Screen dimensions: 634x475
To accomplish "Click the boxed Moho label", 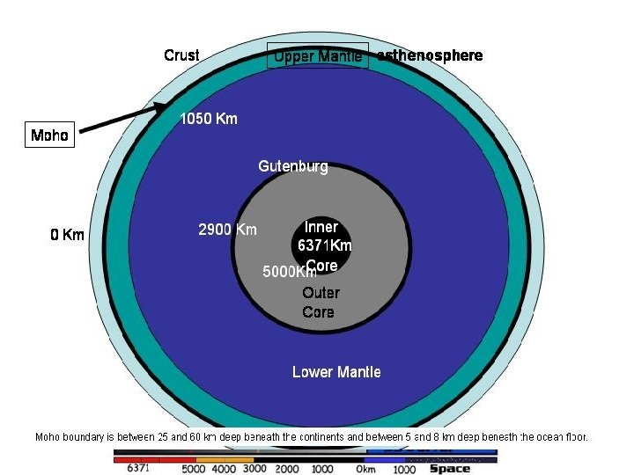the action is click(49, 135).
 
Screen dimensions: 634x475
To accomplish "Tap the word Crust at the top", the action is click(181, 55).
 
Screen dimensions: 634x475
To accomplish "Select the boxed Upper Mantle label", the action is click(317, 56).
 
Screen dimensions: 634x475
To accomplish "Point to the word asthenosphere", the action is click(430, 55).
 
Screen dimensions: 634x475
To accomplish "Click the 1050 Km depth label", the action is click(209, 119).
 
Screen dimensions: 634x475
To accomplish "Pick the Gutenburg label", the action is click(292, 166).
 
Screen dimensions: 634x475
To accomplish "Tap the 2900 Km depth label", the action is click(227, 230).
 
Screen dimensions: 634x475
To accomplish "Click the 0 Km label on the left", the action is click(68, 235).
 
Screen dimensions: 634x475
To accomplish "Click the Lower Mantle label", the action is click(336, 372).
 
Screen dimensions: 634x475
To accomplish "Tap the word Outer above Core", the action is click(321, 293).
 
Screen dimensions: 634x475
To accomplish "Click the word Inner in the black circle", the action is click(321, 227).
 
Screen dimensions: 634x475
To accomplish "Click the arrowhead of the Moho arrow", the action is click(166, 106).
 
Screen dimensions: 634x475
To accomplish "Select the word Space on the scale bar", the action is click(449, 469).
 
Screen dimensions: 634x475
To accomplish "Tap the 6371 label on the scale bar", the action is click(138, 469).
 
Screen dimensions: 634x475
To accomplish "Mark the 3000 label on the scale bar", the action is click(254, 469).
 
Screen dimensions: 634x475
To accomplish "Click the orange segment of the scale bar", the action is click(225, 458).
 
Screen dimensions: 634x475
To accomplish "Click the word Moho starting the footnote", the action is click(48, 436).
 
